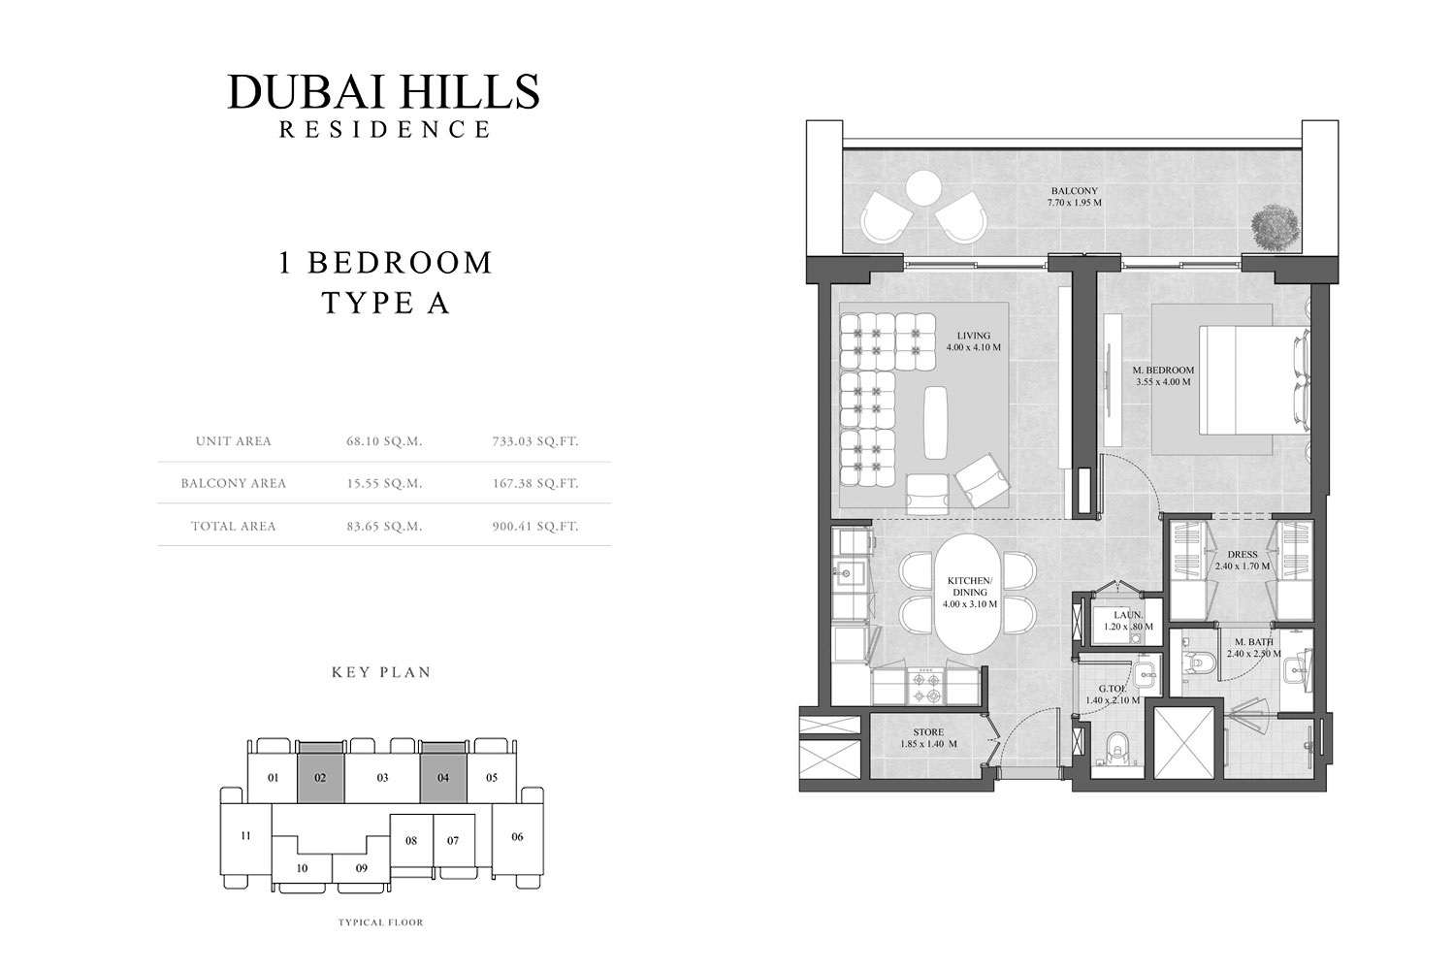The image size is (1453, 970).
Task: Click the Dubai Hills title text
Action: (383, 91)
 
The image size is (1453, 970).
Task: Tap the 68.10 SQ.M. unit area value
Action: (384, 441)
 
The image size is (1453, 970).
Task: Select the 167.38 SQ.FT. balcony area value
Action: (534, 483)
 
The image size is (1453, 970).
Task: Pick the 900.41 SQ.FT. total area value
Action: (534, 527)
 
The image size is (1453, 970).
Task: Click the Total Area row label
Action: (233, 527)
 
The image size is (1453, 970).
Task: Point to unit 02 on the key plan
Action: (320, 778)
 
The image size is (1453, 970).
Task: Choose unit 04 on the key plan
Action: (443, 778)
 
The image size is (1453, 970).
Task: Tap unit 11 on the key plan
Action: (245, 835)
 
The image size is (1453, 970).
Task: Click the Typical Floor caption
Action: (381, 922)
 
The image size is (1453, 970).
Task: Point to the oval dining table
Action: (970, 595)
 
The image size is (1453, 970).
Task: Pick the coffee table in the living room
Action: (937, 422)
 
